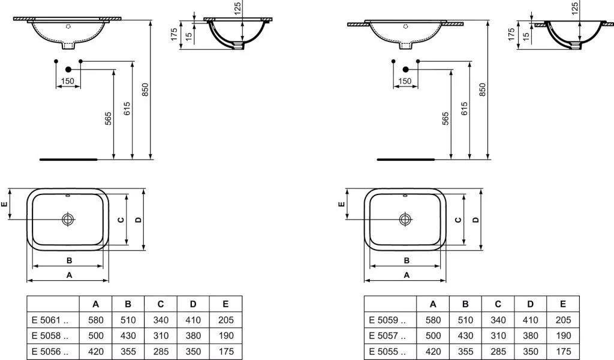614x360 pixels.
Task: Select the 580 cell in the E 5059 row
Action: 434,320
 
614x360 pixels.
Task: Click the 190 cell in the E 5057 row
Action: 562,336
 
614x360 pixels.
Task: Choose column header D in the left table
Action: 192,304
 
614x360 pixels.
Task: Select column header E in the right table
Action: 562,304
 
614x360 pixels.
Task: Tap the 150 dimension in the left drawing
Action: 68,81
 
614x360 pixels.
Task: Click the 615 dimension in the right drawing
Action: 464,109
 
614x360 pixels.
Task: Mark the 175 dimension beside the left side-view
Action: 173,34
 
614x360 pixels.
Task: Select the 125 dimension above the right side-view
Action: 574,8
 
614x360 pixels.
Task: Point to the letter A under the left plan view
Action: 69,275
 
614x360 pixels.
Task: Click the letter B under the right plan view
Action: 407,260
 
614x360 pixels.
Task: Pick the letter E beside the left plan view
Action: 5,205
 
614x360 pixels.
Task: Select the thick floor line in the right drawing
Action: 405,160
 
